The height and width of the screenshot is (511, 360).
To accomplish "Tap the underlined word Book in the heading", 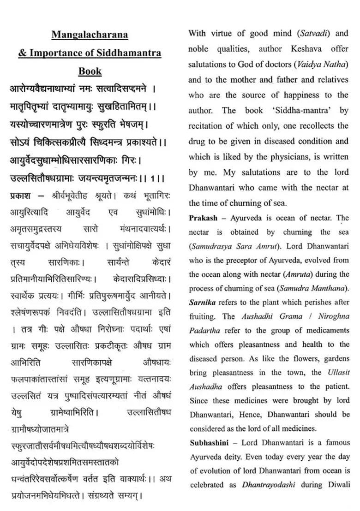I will (90, 71).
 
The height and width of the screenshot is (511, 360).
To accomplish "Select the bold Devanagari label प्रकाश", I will (20, 196).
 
